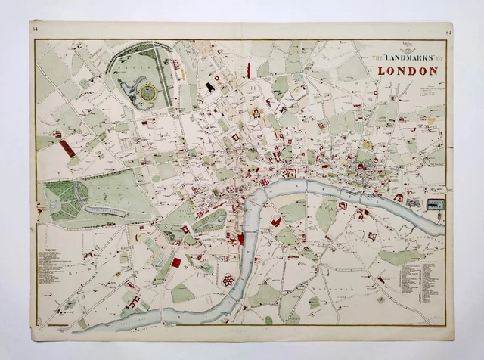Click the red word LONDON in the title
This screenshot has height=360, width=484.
402,72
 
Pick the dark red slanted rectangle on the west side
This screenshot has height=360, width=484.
67,148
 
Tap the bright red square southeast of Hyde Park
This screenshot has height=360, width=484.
176,262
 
